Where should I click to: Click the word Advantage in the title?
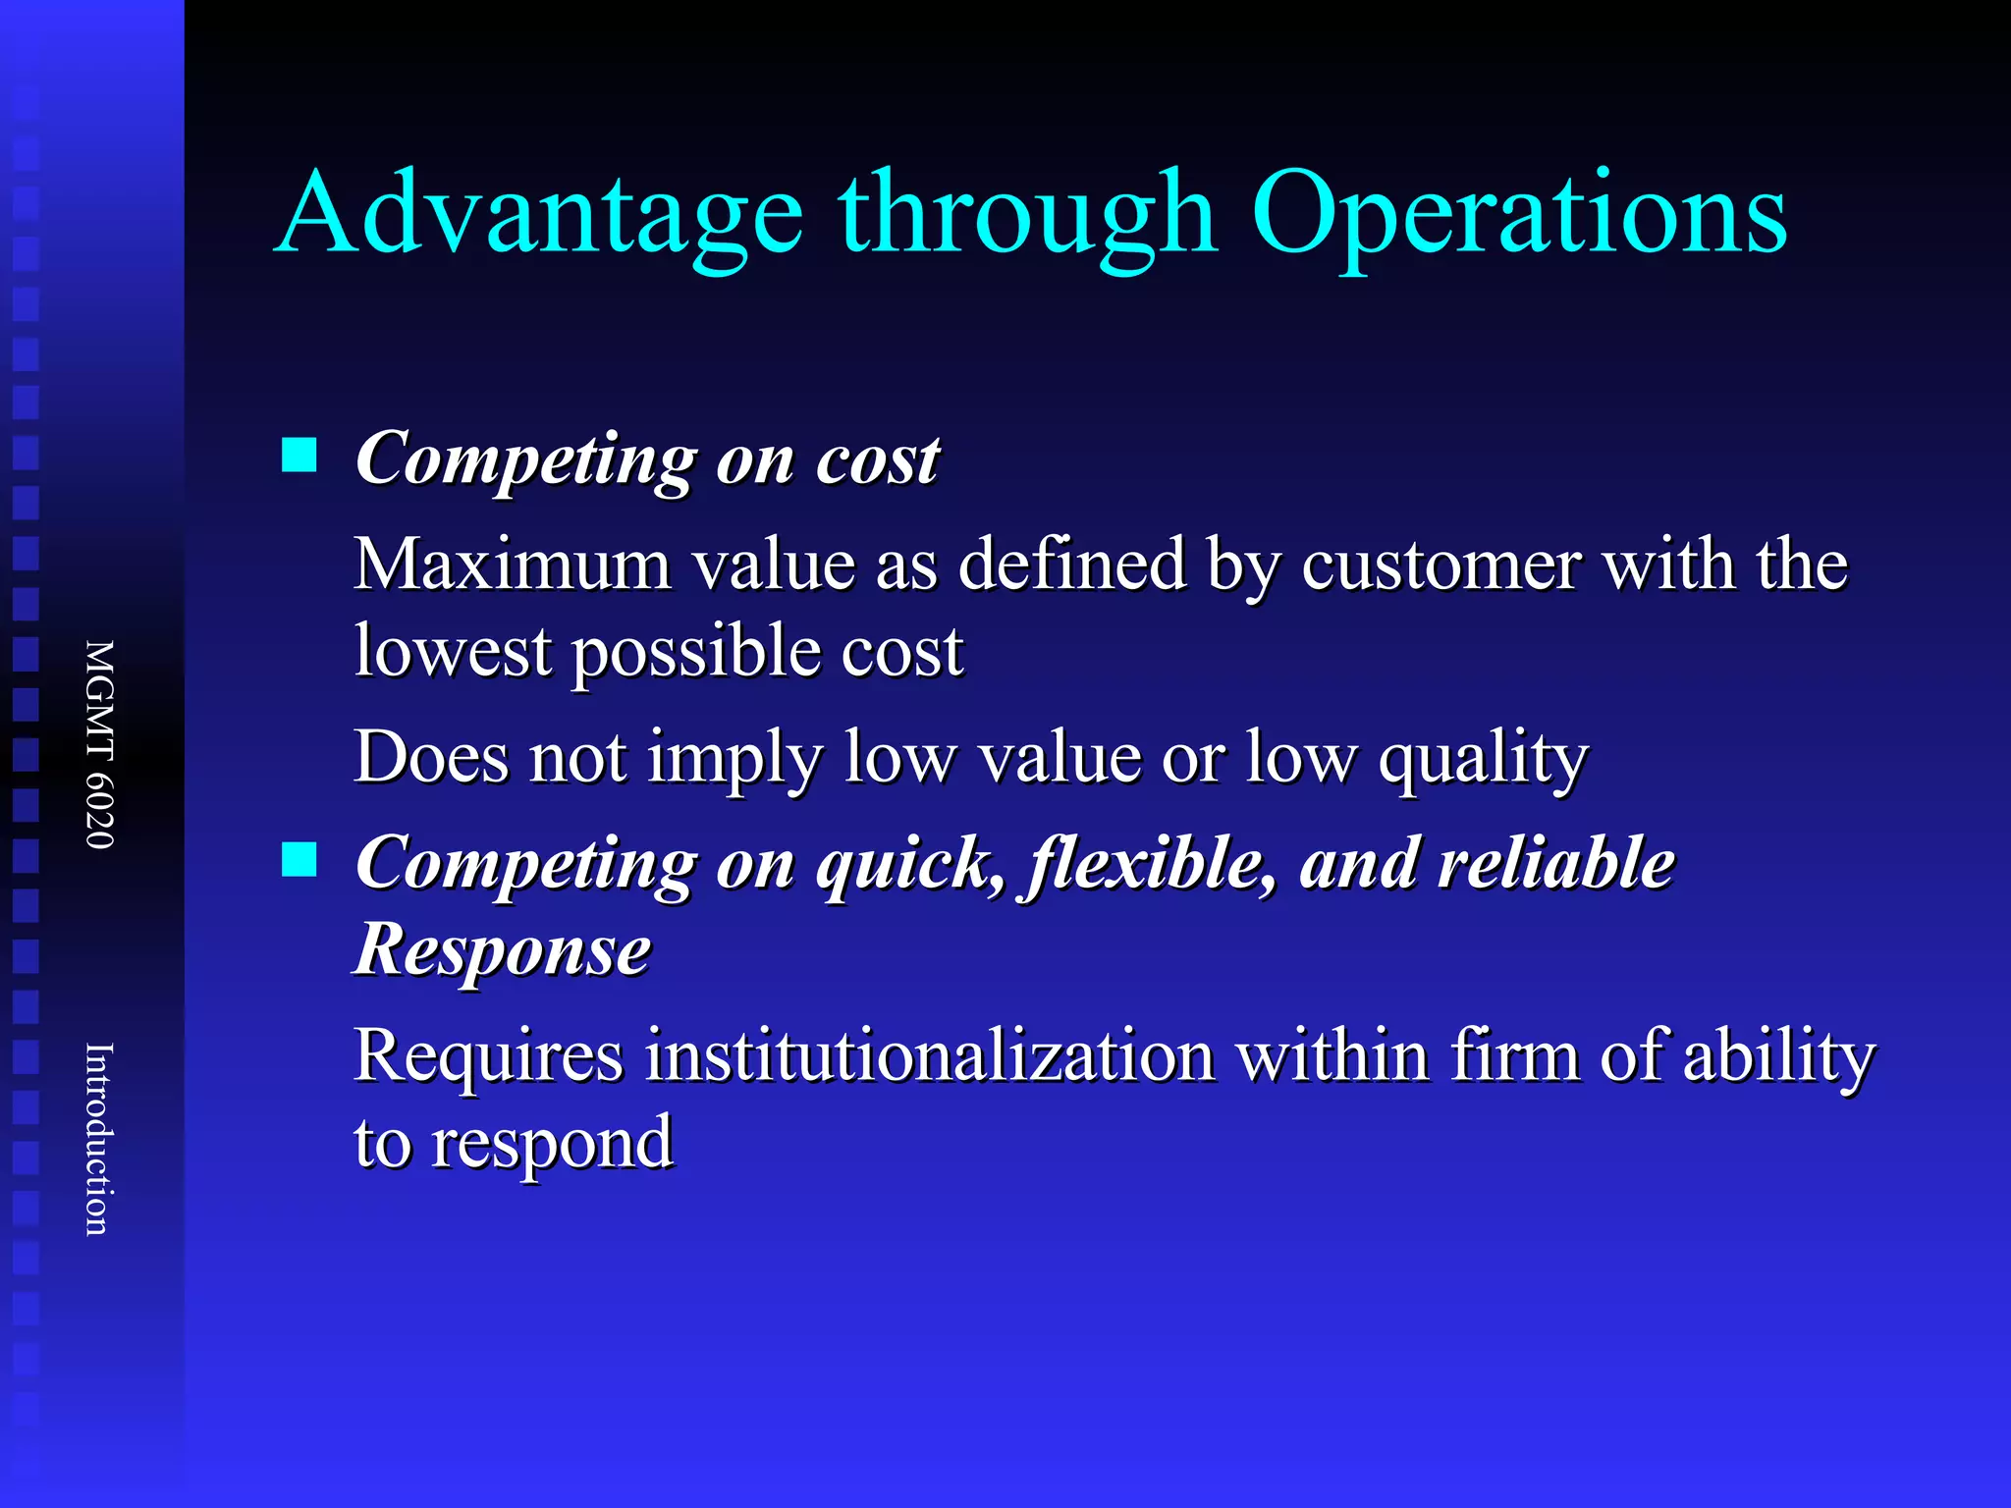coord(539,214)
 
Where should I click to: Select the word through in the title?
coord(1027,214)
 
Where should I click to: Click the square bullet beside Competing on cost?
coord(299,456)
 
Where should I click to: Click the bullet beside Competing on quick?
coord(299,860)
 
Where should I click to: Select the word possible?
coord(697,653)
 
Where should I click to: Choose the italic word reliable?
coord(1487,864)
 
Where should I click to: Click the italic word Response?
coord(503,950)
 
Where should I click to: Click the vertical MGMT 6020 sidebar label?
coord(100,744)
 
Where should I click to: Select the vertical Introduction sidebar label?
coord(100,1139)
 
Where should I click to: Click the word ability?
coord(1778,1057)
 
